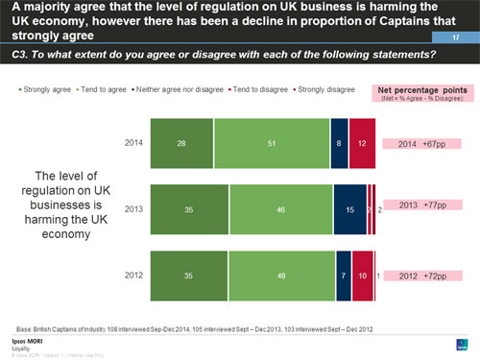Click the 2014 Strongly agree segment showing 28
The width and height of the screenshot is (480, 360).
click(x=182, y=143)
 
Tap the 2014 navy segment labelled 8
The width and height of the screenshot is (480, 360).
click(x=339, y=143)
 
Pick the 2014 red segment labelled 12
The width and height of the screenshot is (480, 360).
click(x=362, y=143)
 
